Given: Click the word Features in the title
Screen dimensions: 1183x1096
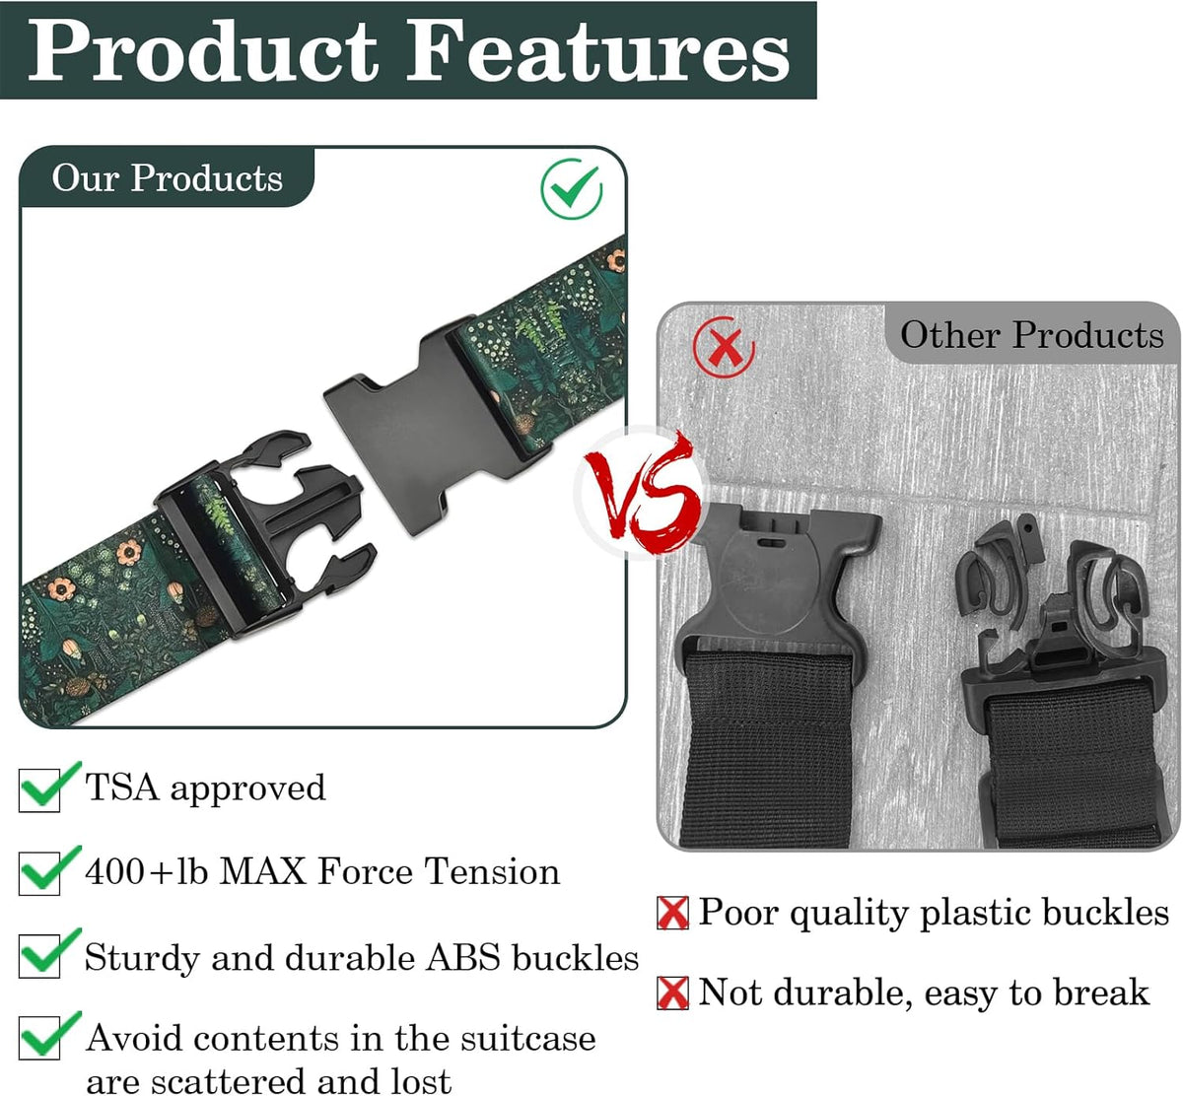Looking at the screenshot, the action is coord(598,51).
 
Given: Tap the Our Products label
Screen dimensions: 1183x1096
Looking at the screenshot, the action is coord(168,178).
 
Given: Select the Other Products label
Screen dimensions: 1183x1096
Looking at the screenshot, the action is coord(1032,335).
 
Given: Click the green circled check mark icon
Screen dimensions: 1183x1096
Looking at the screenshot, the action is coord(572,189).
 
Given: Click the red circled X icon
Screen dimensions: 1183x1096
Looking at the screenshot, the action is coord(725,347).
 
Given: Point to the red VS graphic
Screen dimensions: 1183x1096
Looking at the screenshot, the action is coord(642,493).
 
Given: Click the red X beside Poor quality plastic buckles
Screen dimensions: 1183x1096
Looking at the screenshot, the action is coord(673,913).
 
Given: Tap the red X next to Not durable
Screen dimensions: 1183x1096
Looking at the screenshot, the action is coord(673,993).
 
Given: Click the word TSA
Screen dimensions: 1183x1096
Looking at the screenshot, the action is coord(122,787).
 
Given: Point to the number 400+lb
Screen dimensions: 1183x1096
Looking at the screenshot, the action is coord(147,871).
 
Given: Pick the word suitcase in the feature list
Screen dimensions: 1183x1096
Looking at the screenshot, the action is coord(528,1039).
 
